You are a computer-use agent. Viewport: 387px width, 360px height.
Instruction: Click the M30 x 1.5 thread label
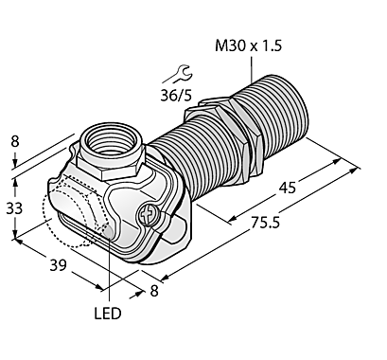click(x=248, y=46)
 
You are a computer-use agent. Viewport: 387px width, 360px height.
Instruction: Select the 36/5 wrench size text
click(x=176, y=95)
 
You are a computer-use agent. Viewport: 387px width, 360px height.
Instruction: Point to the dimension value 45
click(x=288, y=188)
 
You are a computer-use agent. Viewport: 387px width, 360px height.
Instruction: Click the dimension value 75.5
click(x=265, y=223)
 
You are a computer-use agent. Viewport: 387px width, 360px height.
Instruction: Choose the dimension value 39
click(x=59, y=265)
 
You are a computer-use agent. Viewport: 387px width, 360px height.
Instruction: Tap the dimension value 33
click(x=14, y=208)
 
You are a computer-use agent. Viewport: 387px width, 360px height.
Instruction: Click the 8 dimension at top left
click(x=15, y=141)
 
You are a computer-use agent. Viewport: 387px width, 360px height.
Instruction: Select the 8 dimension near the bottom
click(x=153, y=291)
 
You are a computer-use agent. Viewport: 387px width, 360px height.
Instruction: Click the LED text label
click(x=108, y=314)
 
